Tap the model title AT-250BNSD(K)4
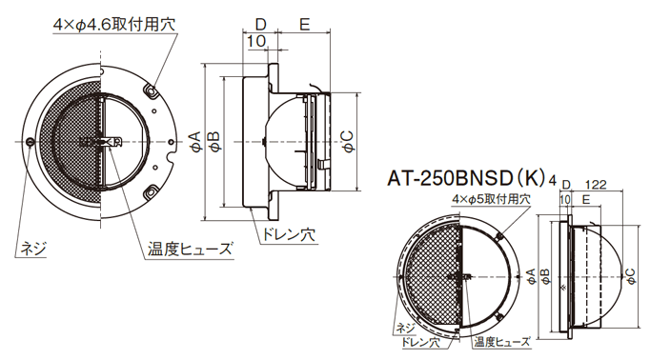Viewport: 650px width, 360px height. pos(468,176)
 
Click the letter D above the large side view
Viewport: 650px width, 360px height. pos(260,22)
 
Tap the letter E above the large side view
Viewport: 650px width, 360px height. pos(303,22)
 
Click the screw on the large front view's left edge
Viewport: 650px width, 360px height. pos(31,143)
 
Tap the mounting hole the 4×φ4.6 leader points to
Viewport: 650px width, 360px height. pos(151,90)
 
